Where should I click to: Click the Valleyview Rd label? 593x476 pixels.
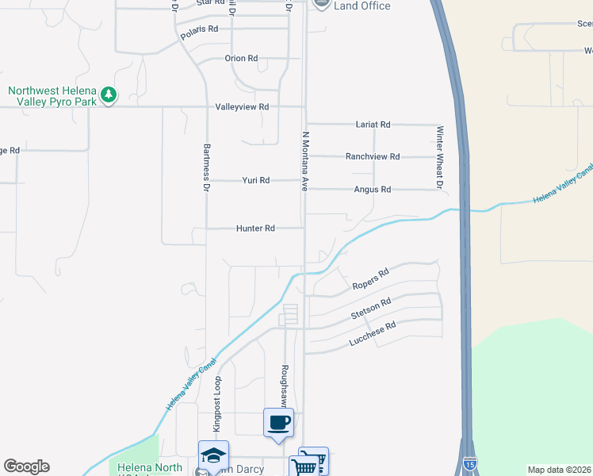click(x=242, y=107)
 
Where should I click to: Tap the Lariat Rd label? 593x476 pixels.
click(x=373, y=125)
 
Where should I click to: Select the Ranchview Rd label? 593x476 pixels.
click(x=373, y=157)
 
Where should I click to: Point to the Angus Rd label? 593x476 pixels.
click(x=373, y=190)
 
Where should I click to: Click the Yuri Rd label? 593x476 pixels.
click(x=255, y=181)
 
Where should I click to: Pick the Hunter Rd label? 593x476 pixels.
click(x=255, y=228)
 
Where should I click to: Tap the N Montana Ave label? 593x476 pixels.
click(x=304, y=162)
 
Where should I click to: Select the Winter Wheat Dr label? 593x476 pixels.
click(x=438, y=157)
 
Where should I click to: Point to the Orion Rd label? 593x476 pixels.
click(x=241, y=59)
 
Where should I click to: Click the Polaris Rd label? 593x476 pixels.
click(x=199, y=29)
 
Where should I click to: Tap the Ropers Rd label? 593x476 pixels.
click(x=369, y=278)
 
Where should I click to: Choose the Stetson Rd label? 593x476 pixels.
click(x=372, y=309)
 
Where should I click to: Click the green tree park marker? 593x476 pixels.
click(x=109, y=96)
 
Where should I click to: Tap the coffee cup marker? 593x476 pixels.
click(x=278, y=422)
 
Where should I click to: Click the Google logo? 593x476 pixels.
click(x=26, y=466)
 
